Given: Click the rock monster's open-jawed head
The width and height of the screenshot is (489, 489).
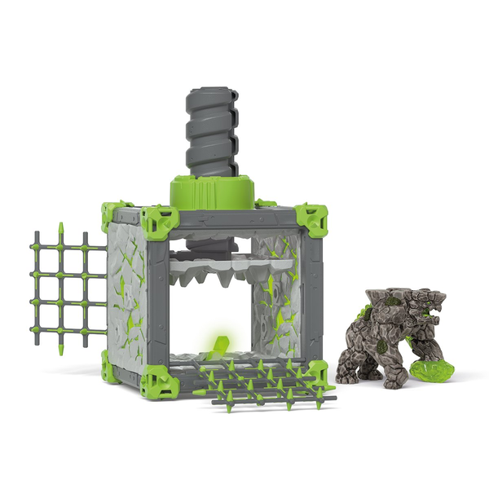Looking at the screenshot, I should [x=424, y=310].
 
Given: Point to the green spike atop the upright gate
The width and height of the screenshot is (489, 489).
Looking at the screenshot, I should [x=62, y=226].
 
